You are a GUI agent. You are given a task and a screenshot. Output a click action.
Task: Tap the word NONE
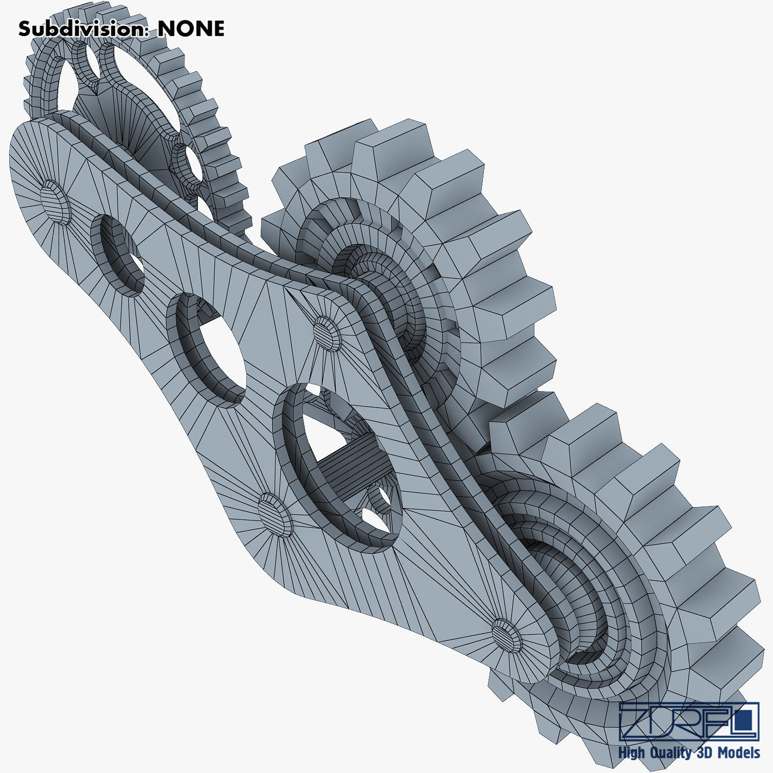[191, 29]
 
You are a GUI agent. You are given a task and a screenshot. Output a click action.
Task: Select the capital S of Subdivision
[25, 29]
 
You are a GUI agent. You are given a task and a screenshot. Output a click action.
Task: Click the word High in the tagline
[632, 753]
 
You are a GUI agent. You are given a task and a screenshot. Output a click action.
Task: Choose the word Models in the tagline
[740, 752]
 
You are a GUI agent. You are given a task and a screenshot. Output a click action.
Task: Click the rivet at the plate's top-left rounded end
[55, 201]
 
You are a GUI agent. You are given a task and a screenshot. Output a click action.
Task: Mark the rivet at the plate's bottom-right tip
[507, 635]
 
